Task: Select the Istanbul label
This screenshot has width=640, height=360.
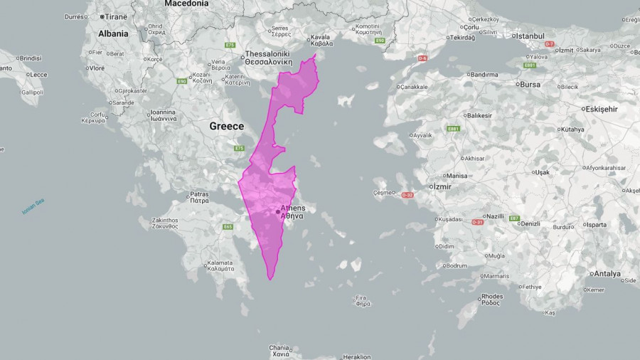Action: [529, 36]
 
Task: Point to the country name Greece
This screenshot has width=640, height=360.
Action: [226, 126]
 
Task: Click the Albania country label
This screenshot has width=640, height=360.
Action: [113, 33]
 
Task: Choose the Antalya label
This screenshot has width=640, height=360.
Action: [607, 273]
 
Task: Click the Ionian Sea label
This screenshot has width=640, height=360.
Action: [33, 207]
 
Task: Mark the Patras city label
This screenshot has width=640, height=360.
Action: [199, 194]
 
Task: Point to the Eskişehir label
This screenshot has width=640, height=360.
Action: [599, 109]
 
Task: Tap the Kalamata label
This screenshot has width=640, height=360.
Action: [220, 265]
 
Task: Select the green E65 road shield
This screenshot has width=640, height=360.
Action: [228, 227]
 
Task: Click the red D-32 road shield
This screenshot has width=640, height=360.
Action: [407, 195]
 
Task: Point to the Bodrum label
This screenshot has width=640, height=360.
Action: [455, 265]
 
